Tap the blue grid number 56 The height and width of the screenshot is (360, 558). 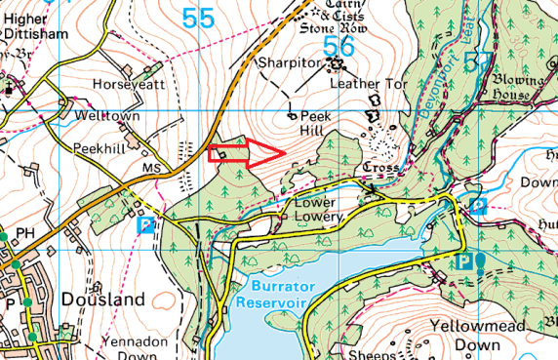pyautogui.click(x=338, y=45)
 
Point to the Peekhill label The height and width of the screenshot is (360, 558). pyautogui.click(x=100, y=147)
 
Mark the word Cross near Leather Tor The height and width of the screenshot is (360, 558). pyautogui.click(x=378, y=168)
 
